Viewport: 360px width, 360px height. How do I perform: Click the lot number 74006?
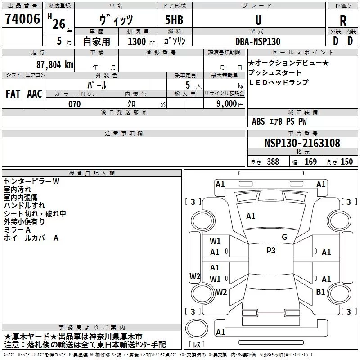22,19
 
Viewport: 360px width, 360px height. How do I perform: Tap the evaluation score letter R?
343,21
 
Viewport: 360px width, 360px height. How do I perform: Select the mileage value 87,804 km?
54,64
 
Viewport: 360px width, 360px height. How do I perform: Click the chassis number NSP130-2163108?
302,143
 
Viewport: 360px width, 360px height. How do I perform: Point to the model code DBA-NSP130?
257,41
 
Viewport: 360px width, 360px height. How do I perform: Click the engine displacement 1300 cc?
138,41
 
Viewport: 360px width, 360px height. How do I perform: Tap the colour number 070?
75,104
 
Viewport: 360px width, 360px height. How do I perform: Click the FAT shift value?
13,94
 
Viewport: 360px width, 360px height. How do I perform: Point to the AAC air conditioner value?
35,94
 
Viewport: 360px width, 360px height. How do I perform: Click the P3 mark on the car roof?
271,251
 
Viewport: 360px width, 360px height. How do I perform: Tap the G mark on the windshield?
284,237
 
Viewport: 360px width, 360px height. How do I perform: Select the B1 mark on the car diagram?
320,292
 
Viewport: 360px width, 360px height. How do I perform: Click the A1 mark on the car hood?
251,216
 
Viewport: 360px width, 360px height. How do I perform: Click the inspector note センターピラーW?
31,181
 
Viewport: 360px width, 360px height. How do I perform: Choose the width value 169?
310,162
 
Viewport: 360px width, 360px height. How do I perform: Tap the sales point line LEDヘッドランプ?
279,82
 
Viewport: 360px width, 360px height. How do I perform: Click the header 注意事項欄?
124,134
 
